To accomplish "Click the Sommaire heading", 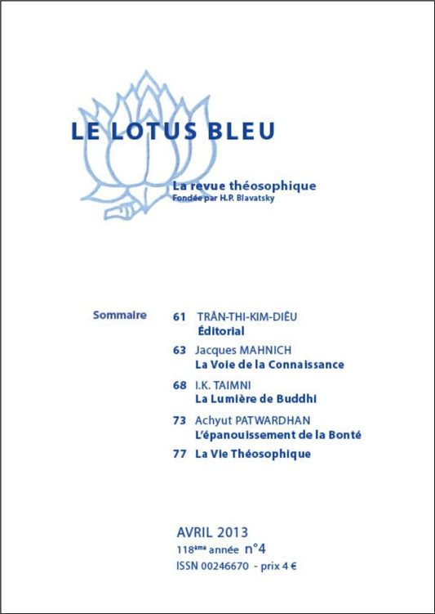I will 120,314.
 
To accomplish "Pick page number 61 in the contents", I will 180,316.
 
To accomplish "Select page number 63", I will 180,349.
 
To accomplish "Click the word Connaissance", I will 307,365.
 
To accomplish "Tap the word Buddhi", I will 296,400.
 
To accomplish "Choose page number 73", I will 180,419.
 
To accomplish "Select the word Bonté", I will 342,435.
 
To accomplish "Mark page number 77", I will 180,454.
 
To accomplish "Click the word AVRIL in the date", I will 195,532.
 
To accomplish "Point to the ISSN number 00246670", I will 226,566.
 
